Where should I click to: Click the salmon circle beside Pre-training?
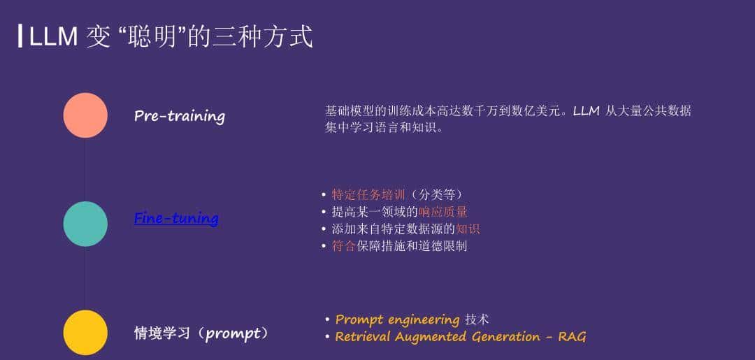tap(85, 115)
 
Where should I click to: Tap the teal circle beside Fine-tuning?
tap(85, 224)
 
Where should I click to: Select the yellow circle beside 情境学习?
tap(85, 332)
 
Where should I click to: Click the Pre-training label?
tap(179, 116)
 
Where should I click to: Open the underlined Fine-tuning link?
tap(176, 218)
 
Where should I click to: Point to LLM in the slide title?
tap(53, 36)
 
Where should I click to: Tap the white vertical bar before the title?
tap(20, 36)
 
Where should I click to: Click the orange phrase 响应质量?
tap(443, 212)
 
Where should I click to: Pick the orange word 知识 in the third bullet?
tap(468, 229)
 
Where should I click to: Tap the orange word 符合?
tap(343, 246)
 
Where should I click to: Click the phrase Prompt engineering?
tap(397, 319)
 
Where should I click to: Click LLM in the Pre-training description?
tap(586, 111)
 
